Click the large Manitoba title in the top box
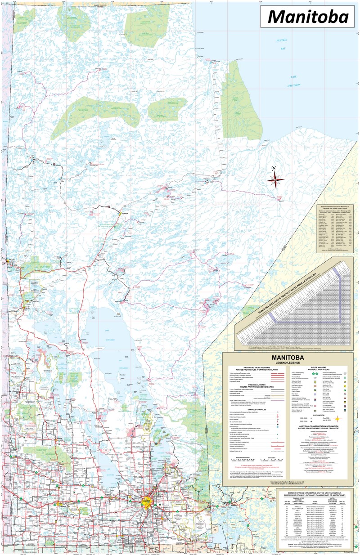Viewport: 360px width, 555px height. [x=308, y=17]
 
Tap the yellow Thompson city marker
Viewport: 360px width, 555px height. [x=120, y=213]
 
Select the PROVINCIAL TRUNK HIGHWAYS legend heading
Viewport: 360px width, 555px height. [x=248, y=368]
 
